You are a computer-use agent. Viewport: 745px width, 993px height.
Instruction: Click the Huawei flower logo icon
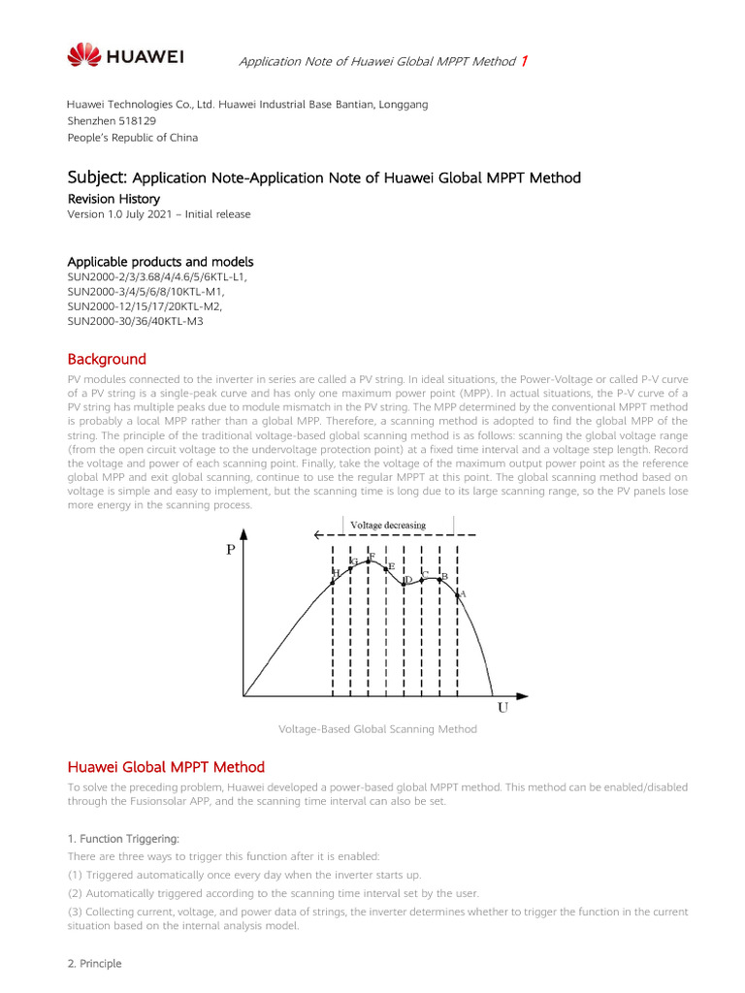tap(83, 55)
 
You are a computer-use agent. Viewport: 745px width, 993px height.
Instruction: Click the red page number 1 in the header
tap(525, 61)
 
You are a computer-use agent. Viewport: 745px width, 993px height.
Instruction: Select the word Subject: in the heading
tap(97, 177)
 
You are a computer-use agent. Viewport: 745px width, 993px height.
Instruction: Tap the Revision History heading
tap(113, 199)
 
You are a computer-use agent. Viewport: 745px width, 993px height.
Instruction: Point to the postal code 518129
tap(135, 121)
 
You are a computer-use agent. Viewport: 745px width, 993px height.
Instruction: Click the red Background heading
tap(107, 359)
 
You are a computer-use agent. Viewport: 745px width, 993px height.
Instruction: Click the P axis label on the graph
tap(231, 549)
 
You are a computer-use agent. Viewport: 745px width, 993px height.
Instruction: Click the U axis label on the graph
tap(502, 708)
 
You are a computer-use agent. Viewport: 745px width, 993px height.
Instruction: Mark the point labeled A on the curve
tap(457, 594)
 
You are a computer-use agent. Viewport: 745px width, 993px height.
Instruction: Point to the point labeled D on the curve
tap(405, 585)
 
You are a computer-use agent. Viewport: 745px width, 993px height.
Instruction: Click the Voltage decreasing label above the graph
tap(387, 525)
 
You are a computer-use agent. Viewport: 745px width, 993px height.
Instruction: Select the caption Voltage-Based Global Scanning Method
tap(377, 729)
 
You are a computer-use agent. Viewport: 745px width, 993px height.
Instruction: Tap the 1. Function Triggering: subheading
tap(123, 838)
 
